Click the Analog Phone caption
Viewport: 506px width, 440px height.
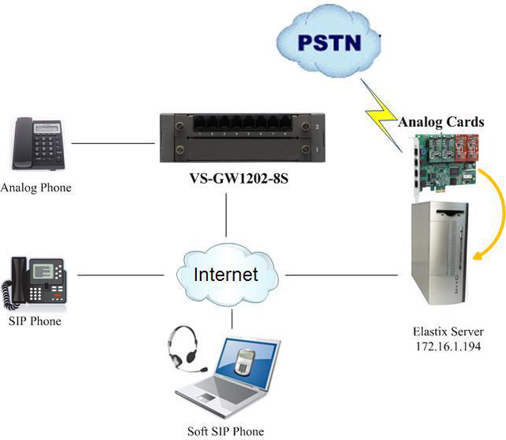36,188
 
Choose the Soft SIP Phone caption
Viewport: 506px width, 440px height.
226,431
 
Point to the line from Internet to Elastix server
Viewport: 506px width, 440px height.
341,275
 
